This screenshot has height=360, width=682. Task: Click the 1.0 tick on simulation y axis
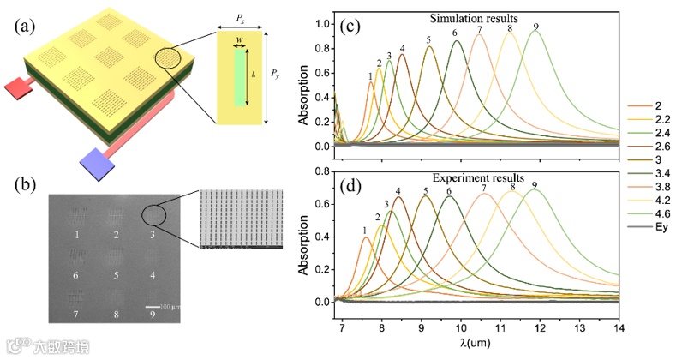coord(321,23)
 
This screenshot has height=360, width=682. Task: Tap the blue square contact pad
coord(92,159)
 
